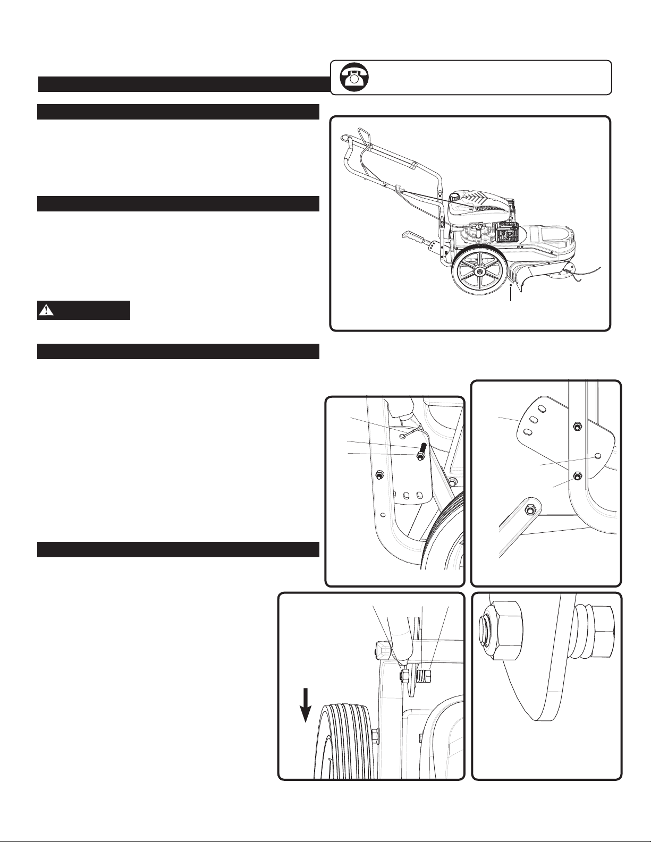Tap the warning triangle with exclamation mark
tap(47, 310)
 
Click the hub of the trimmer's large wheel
tap(479, 272)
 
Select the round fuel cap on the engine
tap(455, 198)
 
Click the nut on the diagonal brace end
tap(529, 510)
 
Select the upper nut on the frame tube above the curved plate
tap(577, 426)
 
